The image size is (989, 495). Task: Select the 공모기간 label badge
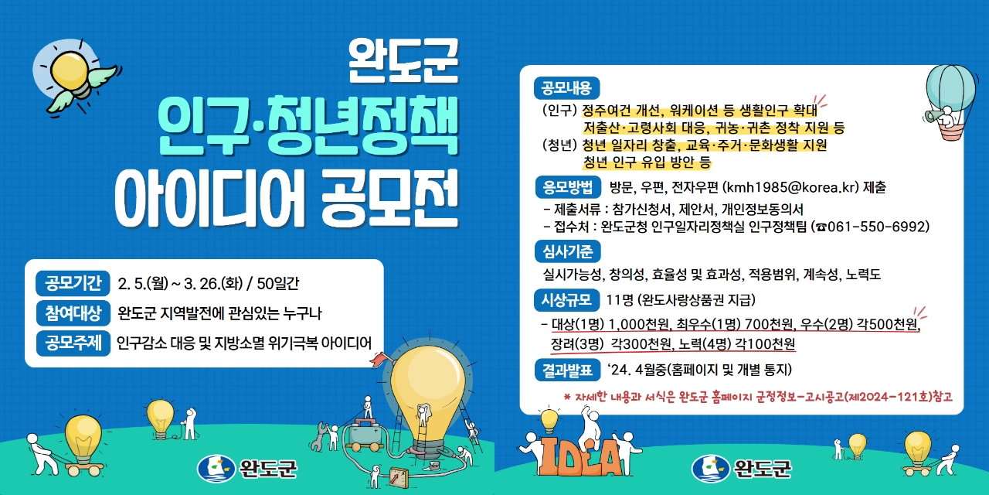73,283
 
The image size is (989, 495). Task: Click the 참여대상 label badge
73,313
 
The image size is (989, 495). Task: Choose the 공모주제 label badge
73,343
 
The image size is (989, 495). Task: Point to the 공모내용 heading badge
566,88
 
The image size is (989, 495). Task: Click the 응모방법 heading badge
568,187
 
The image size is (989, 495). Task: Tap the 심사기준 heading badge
567,251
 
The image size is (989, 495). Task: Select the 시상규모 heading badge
566,300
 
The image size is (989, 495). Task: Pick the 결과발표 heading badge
567,370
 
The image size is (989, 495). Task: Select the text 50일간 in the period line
277,283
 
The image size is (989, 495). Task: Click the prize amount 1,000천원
639,324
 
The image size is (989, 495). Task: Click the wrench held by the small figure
320,435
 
